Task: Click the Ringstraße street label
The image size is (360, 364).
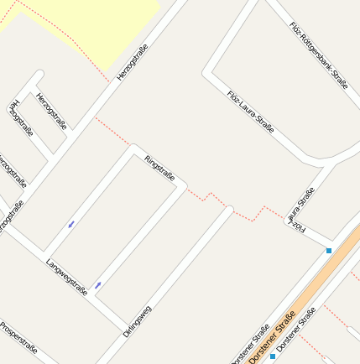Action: tap(159, 168)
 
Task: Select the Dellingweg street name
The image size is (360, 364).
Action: tap(136, 320)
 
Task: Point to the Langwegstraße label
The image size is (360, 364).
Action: tap(67, 278)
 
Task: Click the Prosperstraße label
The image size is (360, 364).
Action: tap(18, 337)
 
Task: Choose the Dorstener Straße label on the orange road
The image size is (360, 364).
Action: tap(272, 338)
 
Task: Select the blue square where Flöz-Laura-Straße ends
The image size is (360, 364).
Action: tap(329, 250)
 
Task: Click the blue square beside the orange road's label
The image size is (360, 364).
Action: tap(273, 356)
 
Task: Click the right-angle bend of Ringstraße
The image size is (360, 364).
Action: tap(131, 149)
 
